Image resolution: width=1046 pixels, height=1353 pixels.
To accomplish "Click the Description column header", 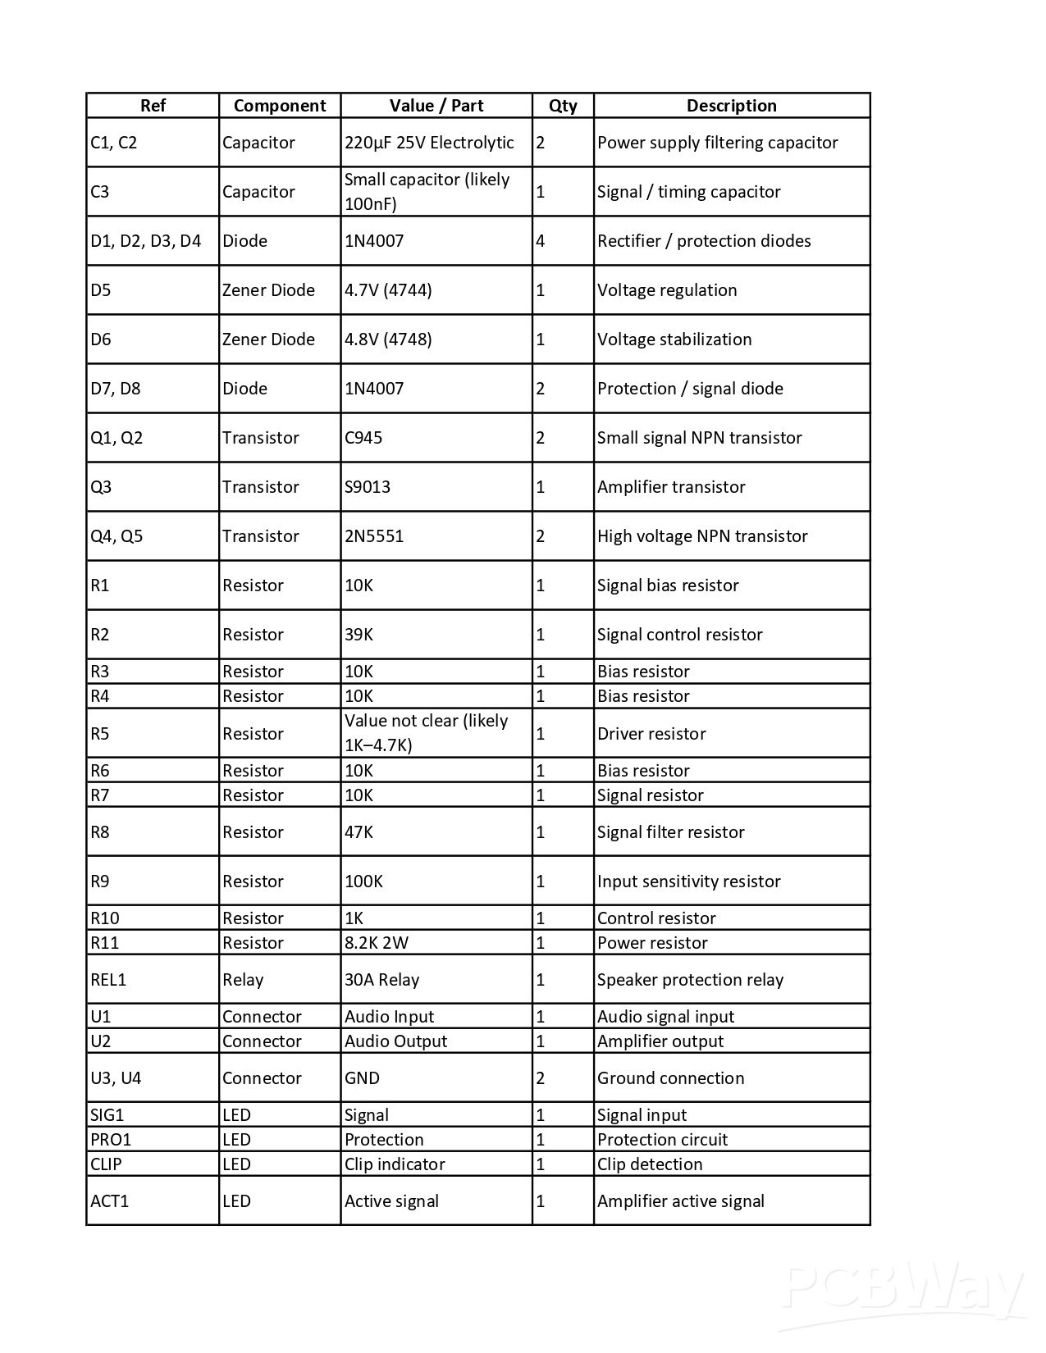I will [731, 106].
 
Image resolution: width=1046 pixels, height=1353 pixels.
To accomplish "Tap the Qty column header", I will [563, 106].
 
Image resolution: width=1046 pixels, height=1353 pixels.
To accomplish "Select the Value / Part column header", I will [436, 106].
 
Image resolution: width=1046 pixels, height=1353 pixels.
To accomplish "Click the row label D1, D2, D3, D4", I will [146, 241].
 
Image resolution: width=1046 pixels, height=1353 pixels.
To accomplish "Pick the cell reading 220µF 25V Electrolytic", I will [429, 143].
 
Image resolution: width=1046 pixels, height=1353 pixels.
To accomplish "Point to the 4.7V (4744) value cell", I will [388, 290].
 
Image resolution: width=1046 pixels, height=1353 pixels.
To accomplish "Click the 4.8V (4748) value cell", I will [388, 339].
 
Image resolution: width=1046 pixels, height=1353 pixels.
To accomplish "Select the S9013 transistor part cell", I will [368, 487].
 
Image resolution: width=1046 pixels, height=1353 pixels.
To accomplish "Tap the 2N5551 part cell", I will [374, 536].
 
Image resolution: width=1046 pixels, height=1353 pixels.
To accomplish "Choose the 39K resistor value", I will [359, 635].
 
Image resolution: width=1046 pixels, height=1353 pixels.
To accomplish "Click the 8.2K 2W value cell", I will [377, 943].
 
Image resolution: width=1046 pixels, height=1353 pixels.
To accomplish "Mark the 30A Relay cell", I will [382, 980].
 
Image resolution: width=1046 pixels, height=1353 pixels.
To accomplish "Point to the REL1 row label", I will [108, 980].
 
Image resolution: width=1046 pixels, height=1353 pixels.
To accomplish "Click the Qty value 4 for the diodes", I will [541, 241].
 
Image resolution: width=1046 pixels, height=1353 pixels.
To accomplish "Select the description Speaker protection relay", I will [690, 980].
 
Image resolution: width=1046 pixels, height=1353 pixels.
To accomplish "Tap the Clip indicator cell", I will [395, 1164].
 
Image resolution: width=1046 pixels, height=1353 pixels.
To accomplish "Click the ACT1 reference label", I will [110, 1201].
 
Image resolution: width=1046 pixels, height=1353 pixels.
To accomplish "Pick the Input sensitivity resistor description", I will [688, 881].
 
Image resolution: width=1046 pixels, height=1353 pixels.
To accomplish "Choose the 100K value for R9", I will [363, 881].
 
